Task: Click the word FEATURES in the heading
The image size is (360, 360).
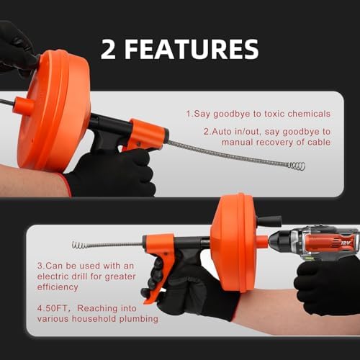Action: tap(192, 49)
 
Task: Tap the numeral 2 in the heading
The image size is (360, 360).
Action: tap(108, 49)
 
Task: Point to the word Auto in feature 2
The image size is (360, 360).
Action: tap(220, 132)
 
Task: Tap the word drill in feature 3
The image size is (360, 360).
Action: tap(80, 276)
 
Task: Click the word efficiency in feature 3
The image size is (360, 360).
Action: tap(58, 287)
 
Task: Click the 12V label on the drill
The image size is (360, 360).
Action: tap(346, 243)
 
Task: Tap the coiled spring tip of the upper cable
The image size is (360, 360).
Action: tap(297, 166)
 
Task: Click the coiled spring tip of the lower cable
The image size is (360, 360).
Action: tap(80, 245)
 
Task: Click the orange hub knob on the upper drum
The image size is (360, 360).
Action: tap(24, 105)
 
